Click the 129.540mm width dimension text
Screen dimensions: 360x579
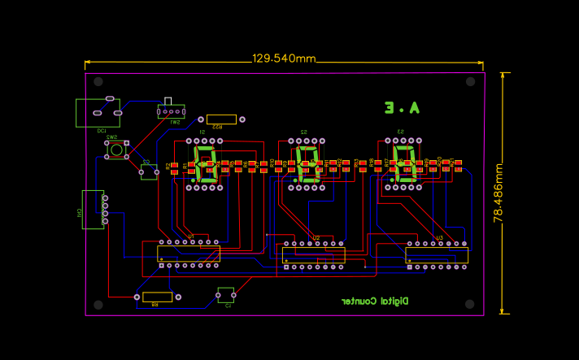(284, 59)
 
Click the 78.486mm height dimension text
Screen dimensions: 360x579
(498, 193)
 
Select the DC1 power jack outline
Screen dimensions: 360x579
(97, 113)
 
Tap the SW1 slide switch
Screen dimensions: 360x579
(171, 111)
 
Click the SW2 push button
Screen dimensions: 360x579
(116, 150)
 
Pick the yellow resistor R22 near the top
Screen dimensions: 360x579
(221, 119)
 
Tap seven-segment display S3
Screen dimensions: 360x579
(404, 163)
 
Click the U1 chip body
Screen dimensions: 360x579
(189, 254)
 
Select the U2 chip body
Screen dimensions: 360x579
(313, 255)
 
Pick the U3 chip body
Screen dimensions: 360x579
(437, 254)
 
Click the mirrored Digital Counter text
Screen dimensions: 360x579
(375, 301)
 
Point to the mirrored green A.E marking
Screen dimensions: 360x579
(402, 107)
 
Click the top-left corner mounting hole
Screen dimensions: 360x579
(98, 82)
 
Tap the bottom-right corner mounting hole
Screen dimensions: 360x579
(470, 303)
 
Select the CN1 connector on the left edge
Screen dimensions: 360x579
(93, 210)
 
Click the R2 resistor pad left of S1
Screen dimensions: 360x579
(173, 168)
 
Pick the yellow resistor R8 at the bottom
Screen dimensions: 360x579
(157, 297)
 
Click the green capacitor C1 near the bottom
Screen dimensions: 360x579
(225, 293)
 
